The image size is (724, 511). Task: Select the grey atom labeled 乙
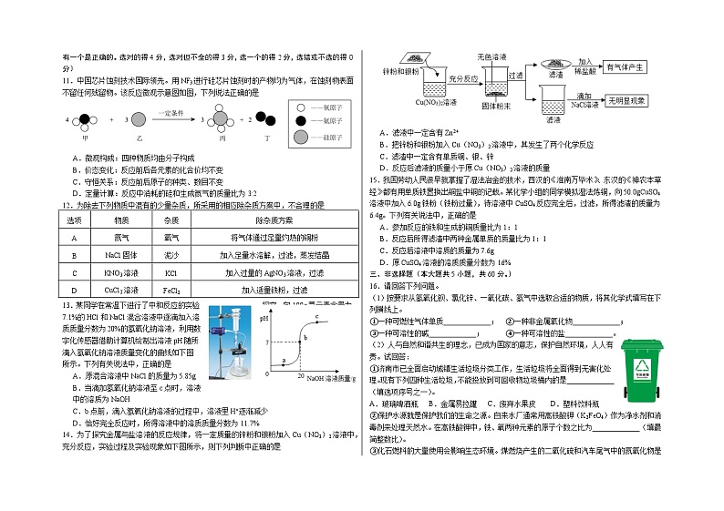(x=140, y=119)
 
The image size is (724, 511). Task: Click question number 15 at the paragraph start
(x=374, y=179)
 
